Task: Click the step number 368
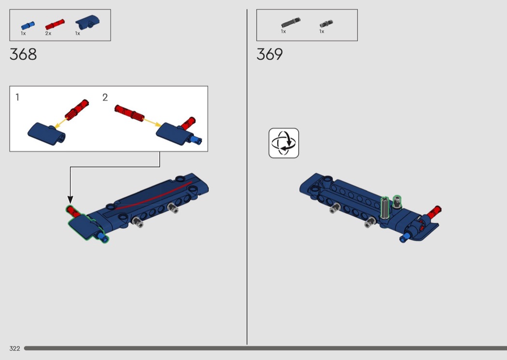pyautogui.click(x=23, y=55)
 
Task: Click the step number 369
pyautogui.click(x=269, y=55)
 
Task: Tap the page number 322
pyautogui.click(x=14, y=348)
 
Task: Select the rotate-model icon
pyautogui.click(x=283, y=143)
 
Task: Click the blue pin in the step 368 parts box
pyautogui.click(x=28, y=25)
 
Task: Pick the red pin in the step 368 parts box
pyautogui.click(x=55, y=24)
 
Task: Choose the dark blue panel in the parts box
pyautogui.click(x=87, y=21)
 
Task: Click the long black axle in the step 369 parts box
pyautogui.click(x=291, y=22)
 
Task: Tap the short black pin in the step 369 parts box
pyautogui.click(x=326, y=24)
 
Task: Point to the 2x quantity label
pyautogui.click(x=48, y=33)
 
